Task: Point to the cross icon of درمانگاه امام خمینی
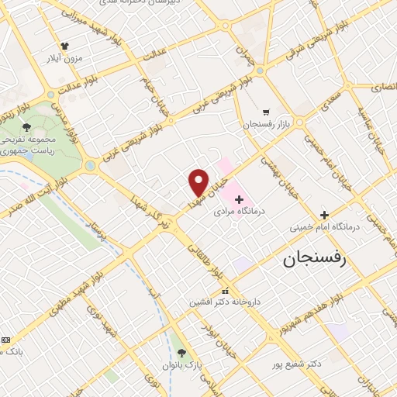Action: pyautogui.click(x=324, y=215)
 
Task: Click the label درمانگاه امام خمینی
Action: pyautogui.click(x=326, y=227)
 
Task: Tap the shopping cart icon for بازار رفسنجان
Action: pyautogui.click(x=266, y=112)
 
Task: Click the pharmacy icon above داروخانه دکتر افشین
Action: pyautogui.click(x=226, y=291)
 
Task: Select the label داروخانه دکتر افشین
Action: pyautogui.click(x=226, y=302)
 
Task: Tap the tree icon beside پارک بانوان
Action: pyautogui.click(x=181, y=354)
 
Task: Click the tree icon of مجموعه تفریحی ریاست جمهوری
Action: pyautogui.click(x=27, y=126)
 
